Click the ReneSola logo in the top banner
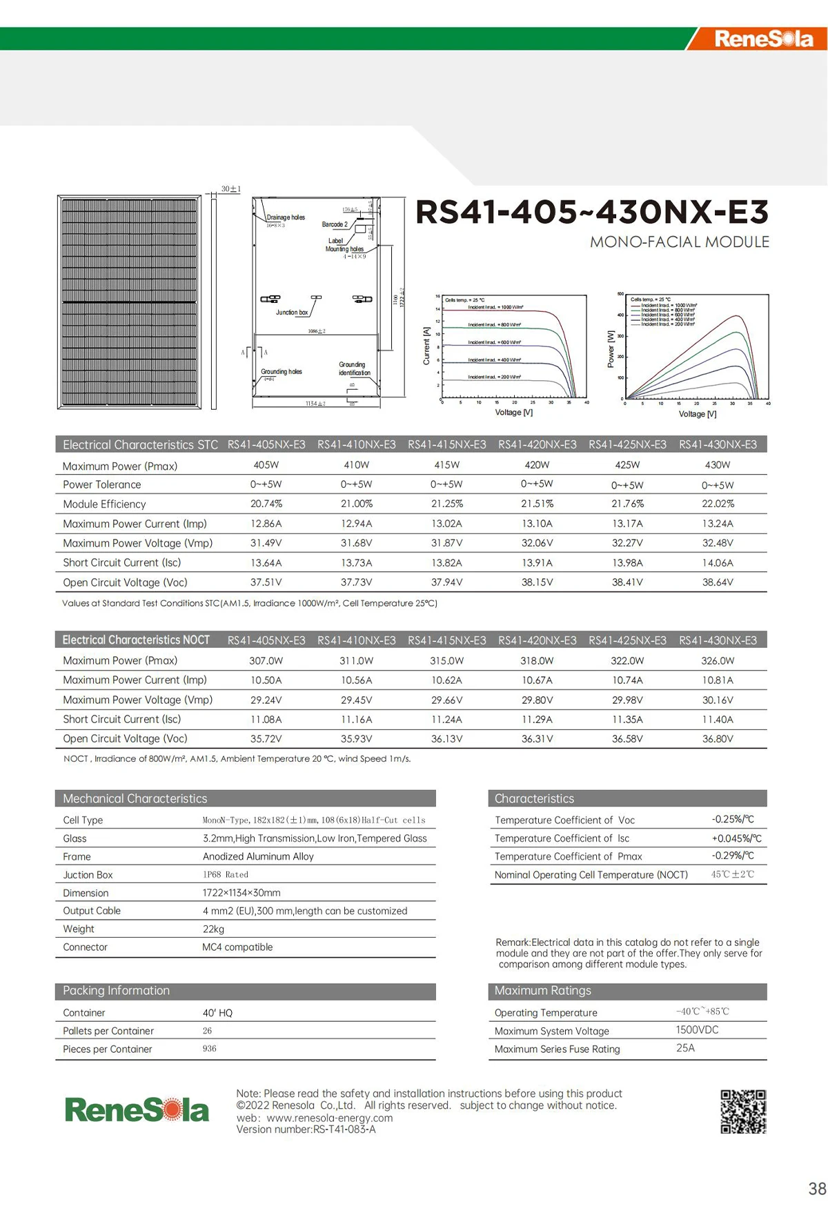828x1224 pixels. [x=763, y=39]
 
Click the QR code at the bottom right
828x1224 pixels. [x=743, y=1112]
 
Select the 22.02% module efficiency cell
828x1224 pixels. [x=718, y=504]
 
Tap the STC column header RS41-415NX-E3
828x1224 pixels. [x=446, y=445]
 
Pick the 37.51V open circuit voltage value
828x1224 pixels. [x=266, y=582]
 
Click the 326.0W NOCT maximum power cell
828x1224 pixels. [x=718, y=661]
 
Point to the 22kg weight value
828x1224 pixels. [x=213, y=929]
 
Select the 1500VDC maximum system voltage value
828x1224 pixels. [x=697, y=1030]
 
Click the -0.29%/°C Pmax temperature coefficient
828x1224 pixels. [x=732, y=856]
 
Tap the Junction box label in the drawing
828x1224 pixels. [x=292, y=313]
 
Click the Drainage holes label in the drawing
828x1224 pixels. [x=286, y=217]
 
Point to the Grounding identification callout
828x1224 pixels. [x=354, y=368]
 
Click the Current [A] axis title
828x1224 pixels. [x=426, y=346]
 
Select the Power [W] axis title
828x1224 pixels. [x=611, y=348]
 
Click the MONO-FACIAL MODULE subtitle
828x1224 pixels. [x=679, y=242]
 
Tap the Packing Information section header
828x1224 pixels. [x=116, y=991]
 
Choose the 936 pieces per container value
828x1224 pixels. [x=210, y=1049]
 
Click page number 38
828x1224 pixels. [x=817, y=1189]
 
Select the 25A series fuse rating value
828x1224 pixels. [x=685, y=1048]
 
